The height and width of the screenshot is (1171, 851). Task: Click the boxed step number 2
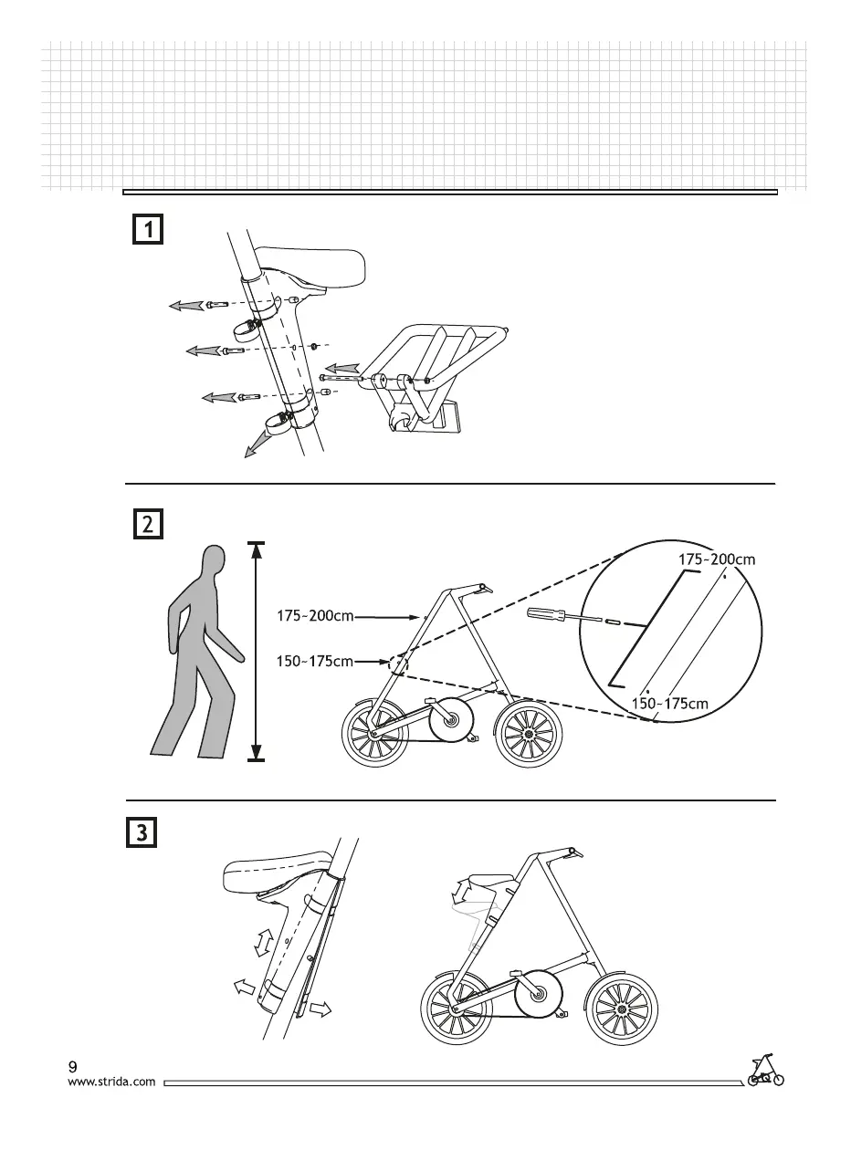147,525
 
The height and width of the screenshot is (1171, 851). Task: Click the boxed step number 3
140,832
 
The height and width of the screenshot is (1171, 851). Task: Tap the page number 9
73,1066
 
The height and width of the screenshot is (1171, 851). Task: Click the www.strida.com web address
112,1082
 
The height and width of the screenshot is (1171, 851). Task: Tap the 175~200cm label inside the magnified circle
717,559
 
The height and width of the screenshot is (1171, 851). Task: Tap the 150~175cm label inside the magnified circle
670,704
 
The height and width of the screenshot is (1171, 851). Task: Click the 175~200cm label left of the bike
315,616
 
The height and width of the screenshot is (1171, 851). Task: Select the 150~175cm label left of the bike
315,661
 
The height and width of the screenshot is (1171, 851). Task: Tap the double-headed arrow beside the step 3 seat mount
263,942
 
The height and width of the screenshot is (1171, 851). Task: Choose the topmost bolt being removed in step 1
215,305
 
